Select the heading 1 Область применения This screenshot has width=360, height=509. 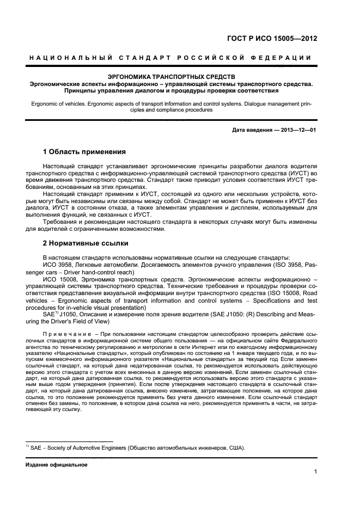84,151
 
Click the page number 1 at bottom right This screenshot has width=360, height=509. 315,472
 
